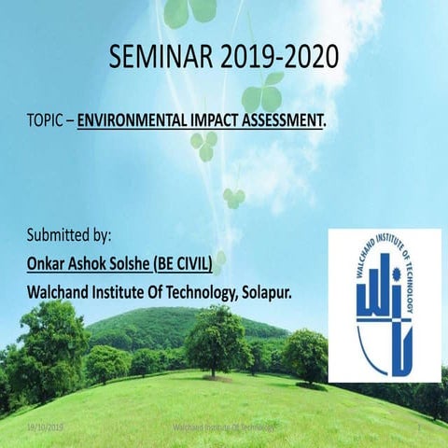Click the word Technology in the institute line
pyautogui.click(x=198, y=291)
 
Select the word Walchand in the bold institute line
pyautogui.click(x=61, y=291)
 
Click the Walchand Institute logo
pyautogui.click(x=383, y=304)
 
